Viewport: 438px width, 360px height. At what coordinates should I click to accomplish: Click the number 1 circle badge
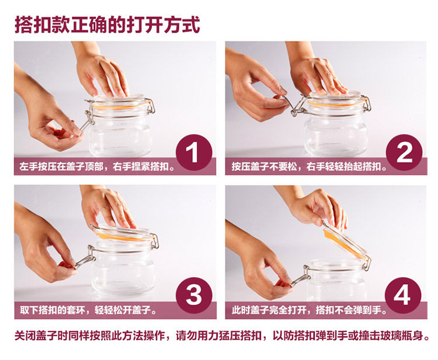pos(194,152)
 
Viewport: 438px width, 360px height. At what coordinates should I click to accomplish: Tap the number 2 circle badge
pos(404,152)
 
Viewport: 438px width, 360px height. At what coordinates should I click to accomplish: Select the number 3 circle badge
pos(194,296)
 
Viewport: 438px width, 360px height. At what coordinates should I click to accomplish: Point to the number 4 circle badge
pos(403,296)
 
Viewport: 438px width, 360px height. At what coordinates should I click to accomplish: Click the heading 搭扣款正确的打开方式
pos(107,25)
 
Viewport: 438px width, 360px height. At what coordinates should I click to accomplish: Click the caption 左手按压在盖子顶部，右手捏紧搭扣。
pos(97,167)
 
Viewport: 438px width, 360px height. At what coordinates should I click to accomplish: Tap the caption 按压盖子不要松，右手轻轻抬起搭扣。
pos(309,167)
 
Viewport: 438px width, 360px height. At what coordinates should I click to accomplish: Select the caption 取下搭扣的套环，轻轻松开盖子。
pos(88,310)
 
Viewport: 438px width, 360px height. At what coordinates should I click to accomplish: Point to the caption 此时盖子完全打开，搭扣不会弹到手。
pos(309,310)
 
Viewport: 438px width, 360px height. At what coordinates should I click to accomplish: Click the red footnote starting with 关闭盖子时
pos(222,335)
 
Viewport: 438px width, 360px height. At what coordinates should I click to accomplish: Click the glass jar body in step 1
pos(121,134)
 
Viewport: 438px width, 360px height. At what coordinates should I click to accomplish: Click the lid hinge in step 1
pos(151,106)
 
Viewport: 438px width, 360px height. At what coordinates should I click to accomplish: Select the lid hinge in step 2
pos(367,103)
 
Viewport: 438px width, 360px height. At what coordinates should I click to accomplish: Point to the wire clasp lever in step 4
pos(301,278)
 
